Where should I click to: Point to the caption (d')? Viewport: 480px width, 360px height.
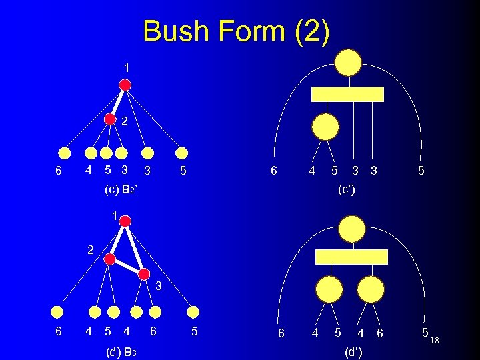coord(352,351)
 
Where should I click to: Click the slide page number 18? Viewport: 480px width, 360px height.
coord(435,341)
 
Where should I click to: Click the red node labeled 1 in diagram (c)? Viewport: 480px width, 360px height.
coord(125,85)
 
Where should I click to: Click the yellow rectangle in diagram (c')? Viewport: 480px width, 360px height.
coord(348,94)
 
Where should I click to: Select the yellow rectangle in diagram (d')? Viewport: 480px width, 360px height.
coord(351,257)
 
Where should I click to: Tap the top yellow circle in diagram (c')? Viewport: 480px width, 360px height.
coord(348,63)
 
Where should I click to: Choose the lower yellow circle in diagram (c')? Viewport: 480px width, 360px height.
coord(326,126)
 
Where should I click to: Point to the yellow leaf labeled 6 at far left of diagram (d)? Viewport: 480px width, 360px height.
coord(59,311)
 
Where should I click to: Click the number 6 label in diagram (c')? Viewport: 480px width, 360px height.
coord(274,171)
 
